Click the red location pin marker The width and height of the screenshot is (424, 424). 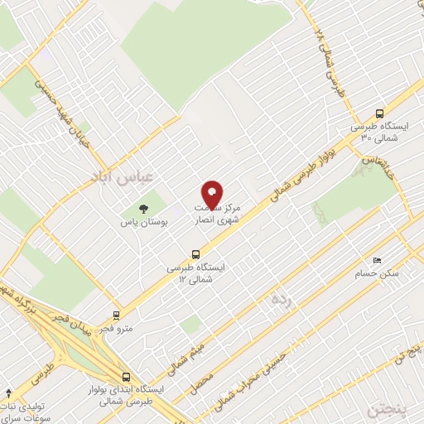tap(213, 193)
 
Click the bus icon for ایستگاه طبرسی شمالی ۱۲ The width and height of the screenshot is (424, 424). tap(195, 254)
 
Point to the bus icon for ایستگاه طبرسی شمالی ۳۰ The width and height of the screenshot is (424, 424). tap(379, 113)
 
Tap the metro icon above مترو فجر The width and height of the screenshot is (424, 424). tap(116, 315)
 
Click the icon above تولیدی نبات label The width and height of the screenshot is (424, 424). tap(8, 392)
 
